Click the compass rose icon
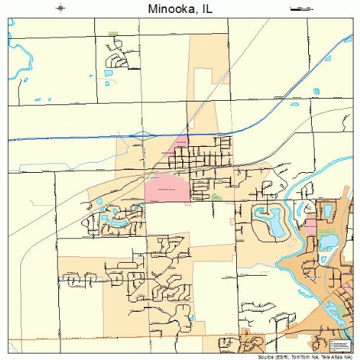61,9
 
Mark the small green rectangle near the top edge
112,33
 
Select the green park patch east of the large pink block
216,197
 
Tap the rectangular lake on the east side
328,211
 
